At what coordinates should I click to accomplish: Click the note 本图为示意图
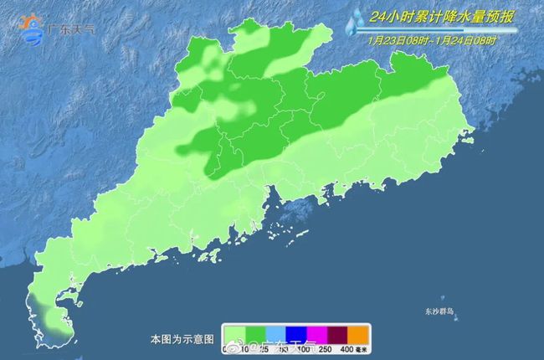182,340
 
